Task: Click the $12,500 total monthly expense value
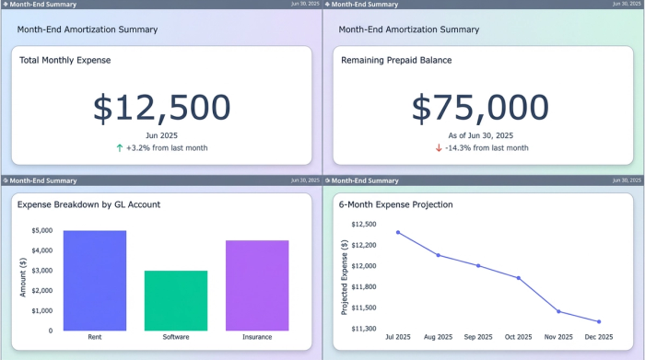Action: (x=161, y=109)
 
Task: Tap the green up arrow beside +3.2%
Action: (x=120, y=147)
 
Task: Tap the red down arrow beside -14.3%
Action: (x=439, y=147)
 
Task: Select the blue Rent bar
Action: (x=95, y=280)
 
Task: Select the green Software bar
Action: (x=176, y=300)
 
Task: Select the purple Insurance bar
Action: (x=257, y=285)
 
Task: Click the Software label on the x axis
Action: (x=176, y=337)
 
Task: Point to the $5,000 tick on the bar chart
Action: (x=42, y=231)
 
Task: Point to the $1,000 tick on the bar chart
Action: (x=42, y=310)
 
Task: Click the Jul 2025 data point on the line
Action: (x=398, y=232)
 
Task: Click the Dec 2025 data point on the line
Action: (x=598, y=322)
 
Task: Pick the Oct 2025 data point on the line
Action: (x=519, y=278)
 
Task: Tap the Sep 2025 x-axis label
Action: (x=478, y=337)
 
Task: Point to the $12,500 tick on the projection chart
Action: (x=365, y=224)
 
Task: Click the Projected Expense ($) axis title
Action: (x=345, y=276)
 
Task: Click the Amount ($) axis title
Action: (x=23, y=276)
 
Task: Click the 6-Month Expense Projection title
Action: (x=395, y=204)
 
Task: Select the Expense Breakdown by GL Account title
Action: (x=88, y=204)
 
